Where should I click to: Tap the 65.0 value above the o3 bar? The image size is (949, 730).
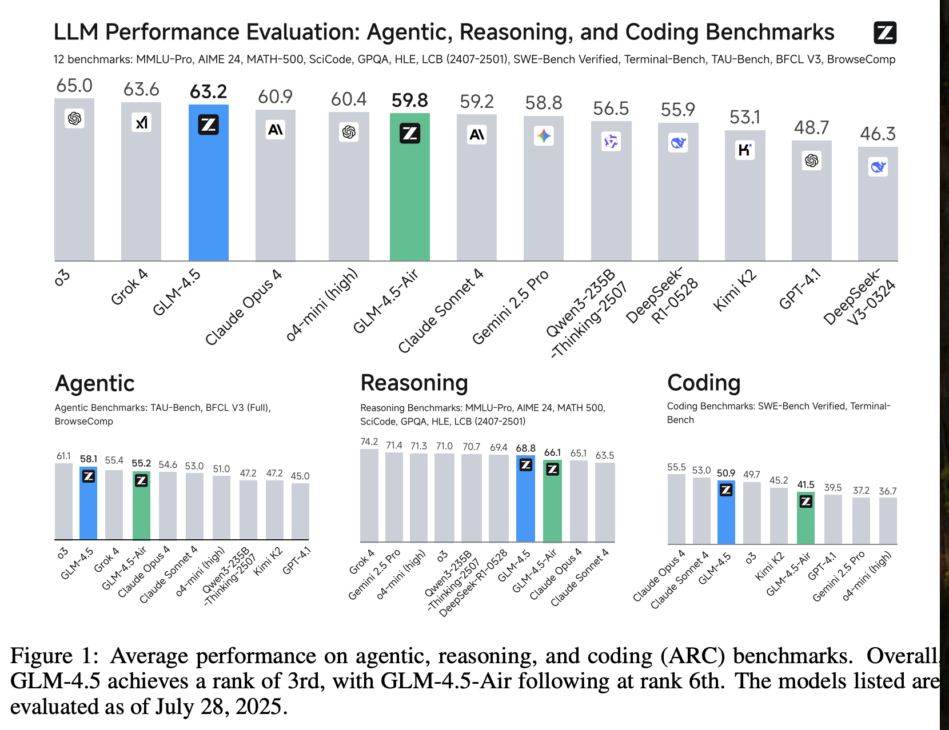pyautogui.click(x=74, y=86)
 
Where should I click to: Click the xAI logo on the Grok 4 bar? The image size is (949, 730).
pyautogui.click(x=141, y=122)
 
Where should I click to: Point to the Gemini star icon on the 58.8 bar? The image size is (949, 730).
pyautogui.click(x=544, y=136)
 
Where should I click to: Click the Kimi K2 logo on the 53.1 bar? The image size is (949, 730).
pyautogui.click(x=745, y=150)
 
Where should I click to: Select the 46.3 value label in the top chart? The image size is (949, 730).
pyautogui.click(x=878, y=134)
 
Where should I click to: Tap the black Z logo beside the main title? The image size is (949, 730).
pyautogui.click(x=885, y=33)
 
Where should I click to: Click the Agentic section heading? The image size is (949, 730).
pyautogui.click(x=95, y=383)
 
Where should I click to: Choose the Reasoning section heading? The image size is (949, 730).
pyautogui.click(x=414, y=383)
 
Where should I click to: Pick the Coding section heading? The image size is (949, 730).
pyautogui.click(x=704, y=383)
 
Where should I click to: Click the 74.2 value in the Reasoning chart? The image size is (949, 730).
pyautogui.click(x=369, y=442)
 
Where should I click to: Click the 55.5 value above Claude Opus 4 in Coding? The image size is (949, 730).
pyautogui.click(x=676, y=467)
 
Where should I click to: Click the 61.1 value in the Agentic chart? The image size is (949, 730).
pyautogui.click(x=63, y=456)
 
